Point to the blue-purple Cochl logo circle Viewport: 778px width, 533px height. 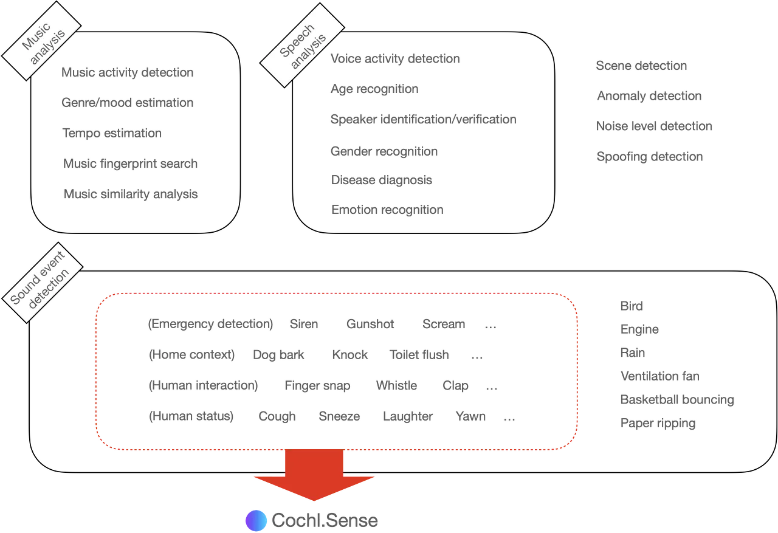[256, 520]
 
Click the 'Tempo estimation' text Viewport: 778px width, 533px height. [113, 133]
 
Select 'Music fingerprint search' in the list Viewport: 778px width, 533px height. [129, 163]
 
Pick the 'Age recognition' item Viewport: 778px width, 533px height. [376, 89]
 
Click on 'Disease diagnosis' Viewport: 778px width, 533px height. [382, 180]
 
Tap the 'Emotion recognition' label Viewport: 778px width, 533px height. [388, 210]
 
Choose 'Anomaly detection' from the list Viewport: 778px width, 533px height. [650, 96]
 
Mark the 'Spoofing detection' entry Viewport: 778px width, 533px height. [649, 157]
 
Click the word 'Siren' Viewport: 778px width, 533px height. [304, 325]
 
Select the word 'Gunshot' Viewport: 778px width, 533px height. [370, 325]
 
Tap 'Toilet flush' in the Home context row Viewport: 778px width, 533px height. [420, 356]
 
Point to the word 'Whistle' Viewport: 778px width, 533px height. [396, 386]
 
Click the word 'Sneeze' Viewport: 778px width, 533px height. [339, 417]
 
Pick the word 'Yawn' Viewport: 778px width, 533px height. [470, 417]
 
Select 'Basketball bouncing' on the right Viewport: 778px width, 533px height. [677, 399]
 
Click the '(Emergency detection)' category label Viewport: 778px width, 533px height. [210, 325]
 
